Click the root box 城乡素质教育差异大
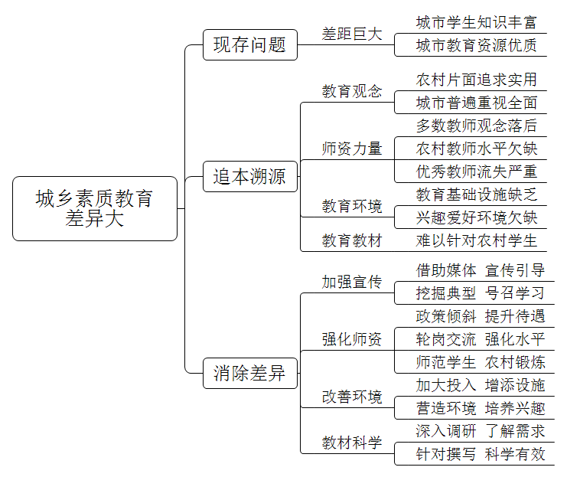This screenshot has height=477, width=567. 95,208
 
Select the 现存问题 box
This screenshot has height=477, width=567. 250,45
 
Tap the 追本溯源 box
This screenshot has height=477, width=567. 250,177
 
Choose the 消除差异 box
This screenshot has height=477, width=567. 250,373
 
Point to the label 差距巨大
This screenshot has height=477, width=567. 352,34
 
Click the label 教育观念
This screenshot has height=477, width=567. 352,91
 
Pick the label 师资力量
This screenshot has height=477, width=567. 352,149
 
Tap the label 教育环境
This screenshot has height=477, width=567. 352,206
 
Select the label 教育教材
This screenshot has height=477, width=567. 352,240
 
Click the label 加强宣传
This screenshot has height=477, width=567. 352,282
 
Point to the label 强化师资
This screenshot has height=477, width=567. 352,339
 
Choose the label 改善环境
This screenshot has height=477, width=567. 352,397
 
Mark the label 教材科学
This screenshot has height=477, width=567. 352,443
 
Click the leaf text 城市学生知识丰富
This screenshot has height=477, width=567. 476,22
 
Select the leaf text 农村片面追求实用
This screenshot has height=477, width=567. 476,80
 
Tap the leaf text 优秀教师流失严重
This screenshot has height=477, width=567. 476,172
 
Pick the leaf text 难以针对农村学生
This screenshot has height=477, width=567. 476,240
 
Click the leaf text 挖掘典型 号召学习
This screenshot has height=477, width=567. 481,293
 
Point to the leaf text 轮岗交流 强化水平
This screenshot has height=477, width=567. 481,339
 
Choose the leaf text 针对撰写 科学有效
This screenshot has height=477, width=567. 481,454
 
